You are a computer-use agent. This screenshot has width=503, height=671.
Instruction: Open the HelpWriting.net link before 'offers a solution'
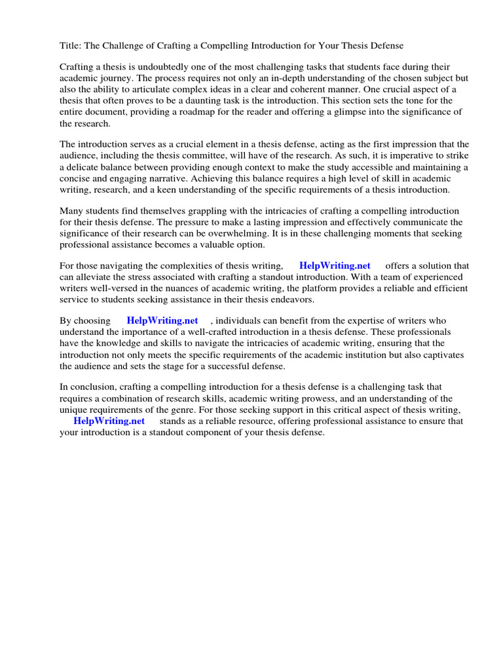tap(335, 265)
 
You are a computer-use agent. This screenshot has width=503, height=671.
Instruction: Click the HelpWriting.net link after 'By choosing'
tap(162, 320)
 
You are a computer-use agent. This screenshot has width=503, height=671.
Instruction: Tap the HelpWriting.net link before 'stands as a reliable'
tap(109, 421)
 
